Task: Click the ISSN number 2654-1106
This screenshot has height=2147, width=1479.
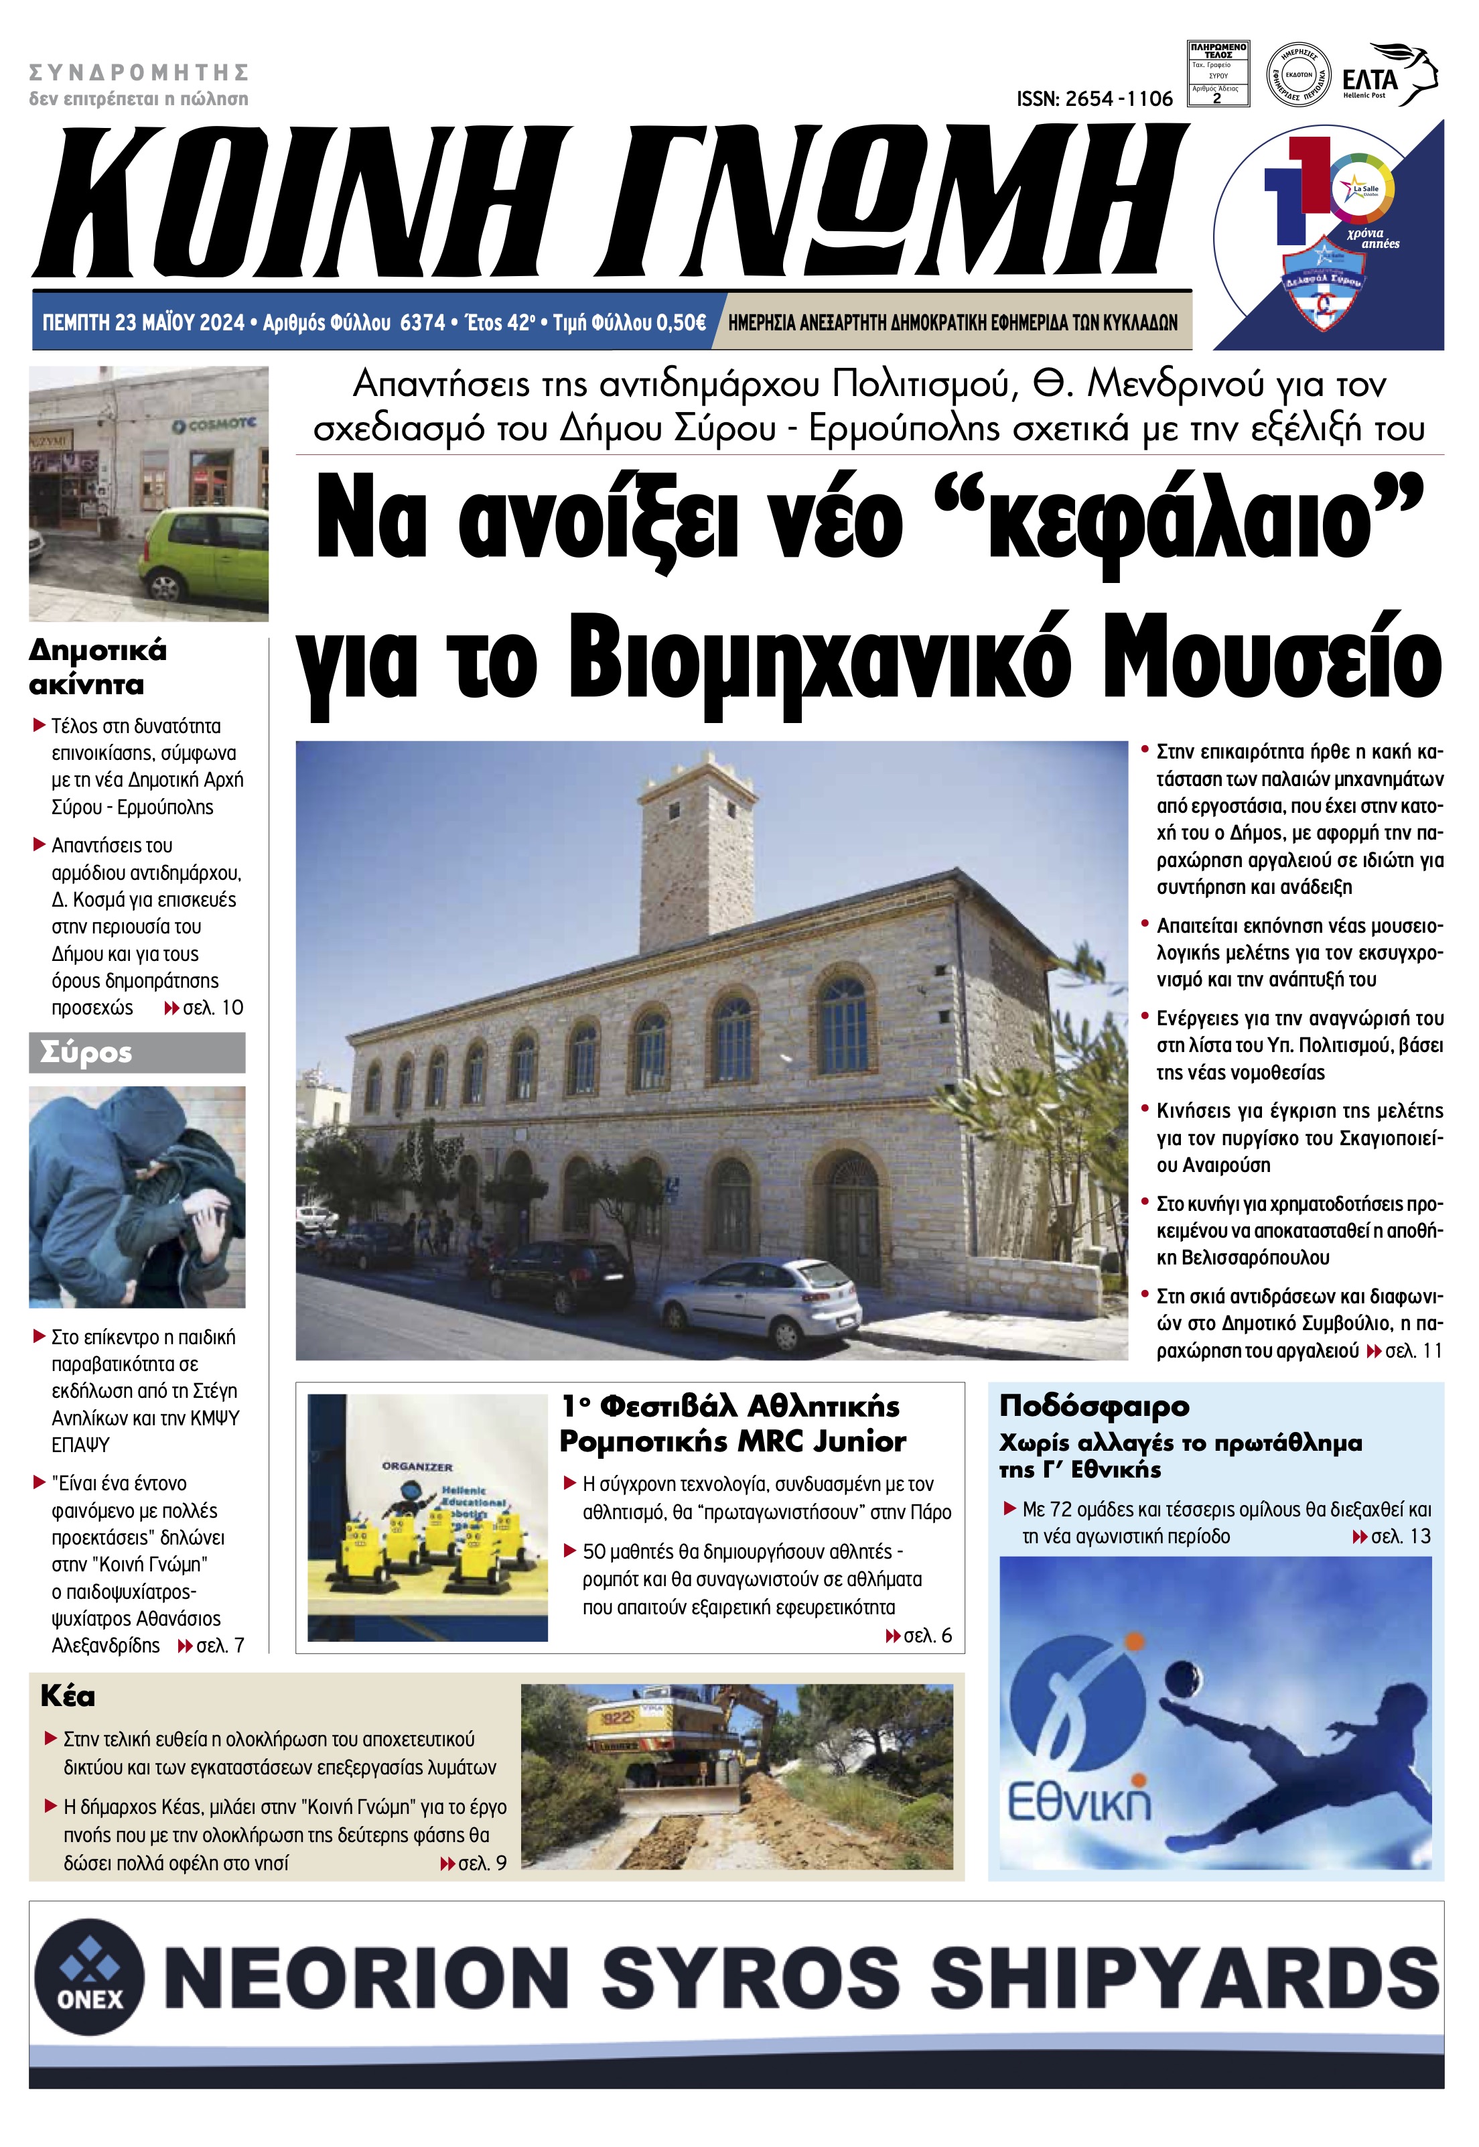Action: click(x=1095, y=99)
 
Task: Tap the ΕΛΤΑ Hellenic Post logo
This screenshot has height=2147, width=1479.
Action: click(x=1388, y=76)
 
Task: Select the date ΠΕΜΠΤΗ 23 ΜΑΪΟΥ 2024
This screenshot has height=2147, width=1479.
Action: click(x=143, y=322)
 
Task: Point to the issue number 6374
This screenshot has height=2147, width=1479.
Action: click(x=423, y=322)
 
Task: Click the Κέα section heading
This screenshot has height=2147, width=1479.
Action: click(x=68, y=1697)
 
